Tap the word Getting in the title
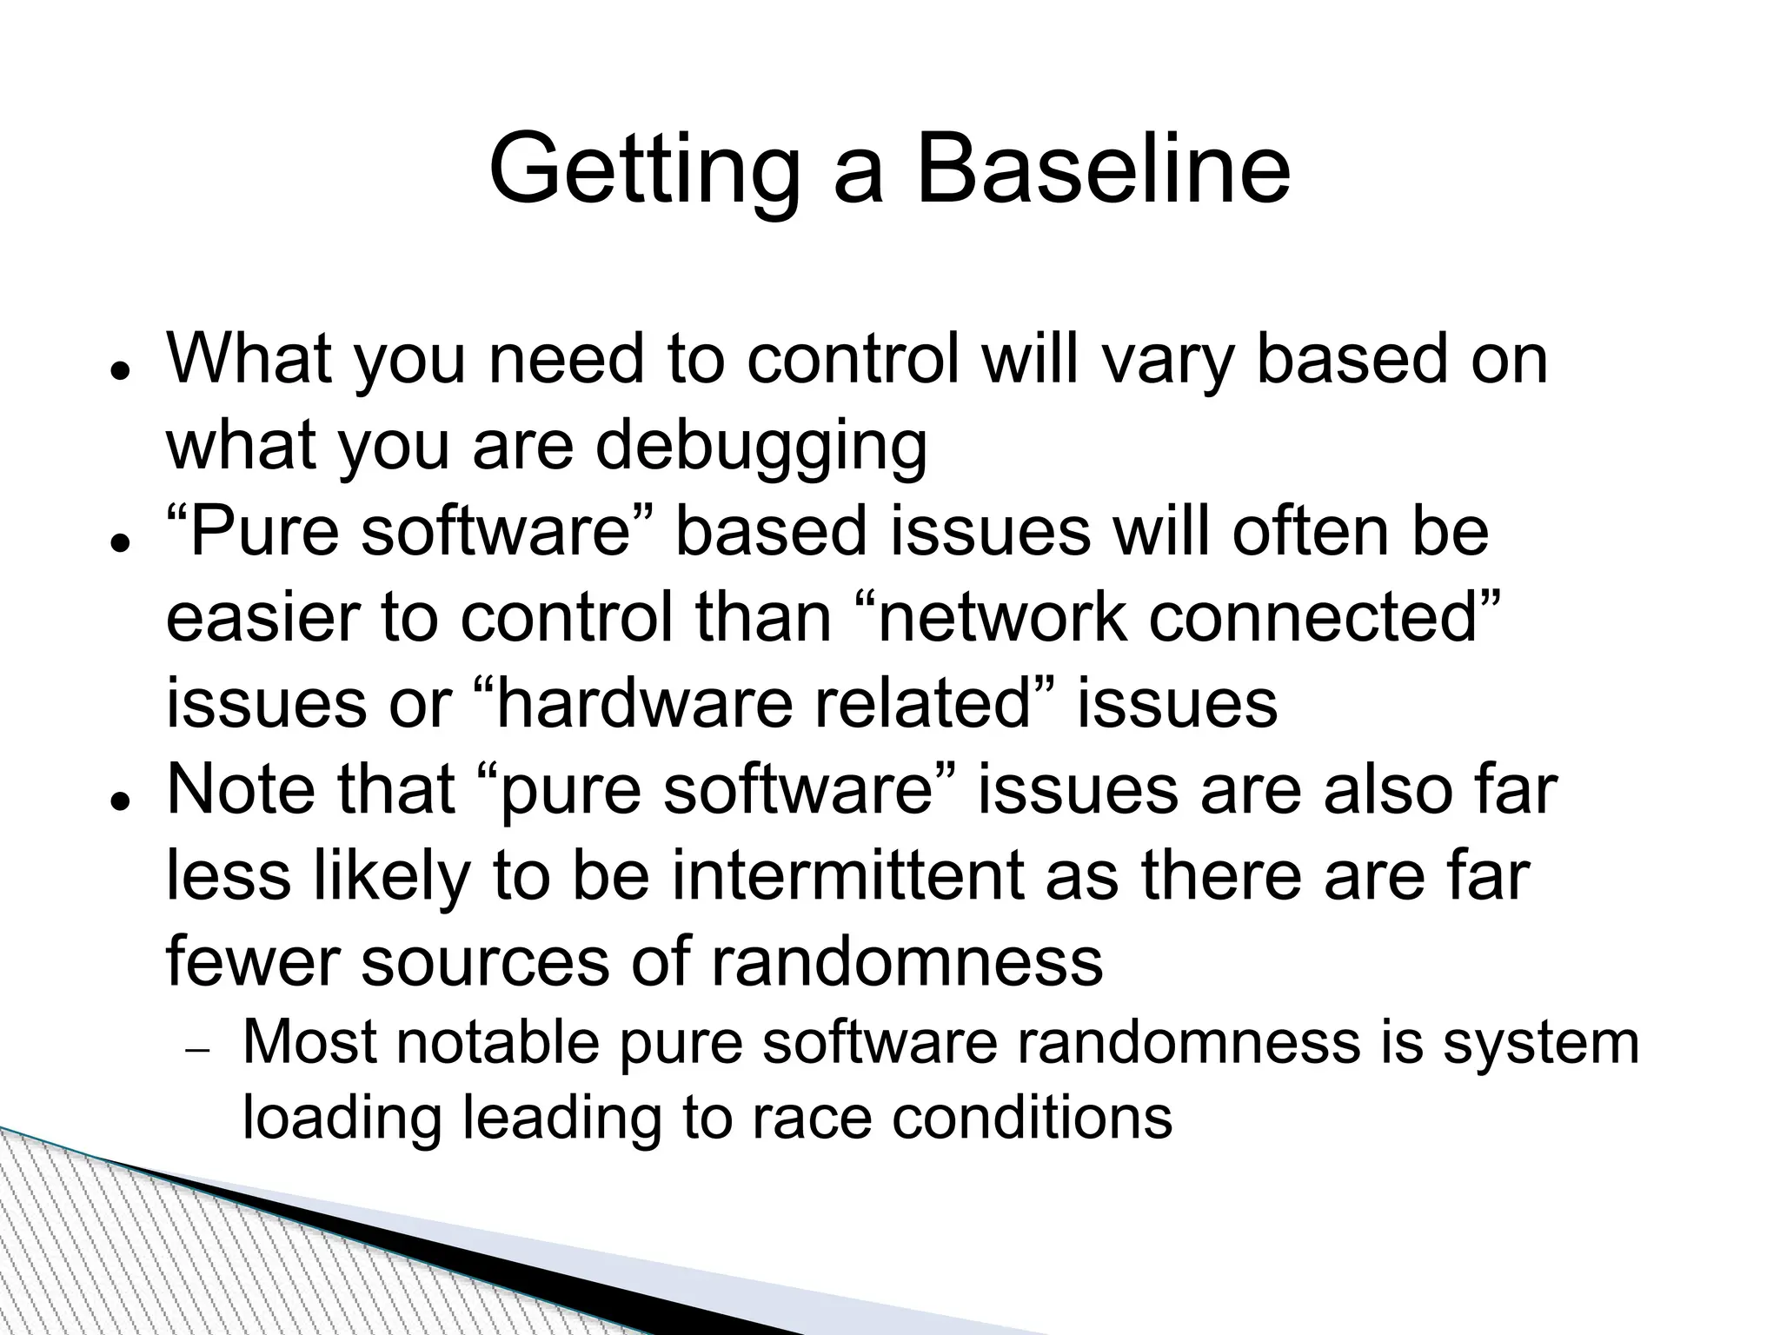(644, 169)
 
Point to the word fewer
(253, 962)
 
